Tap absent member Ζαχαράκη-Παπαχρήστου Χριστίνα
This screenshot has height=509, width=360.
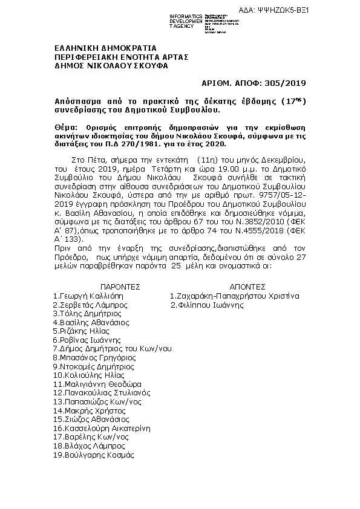click(x=234, y=296)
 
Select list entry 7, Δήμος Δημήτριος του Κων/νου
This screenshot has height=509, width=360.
click(x=112, y=349)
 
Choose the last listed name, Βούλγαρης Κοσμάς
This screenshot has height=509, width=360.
click(x=93, y=454)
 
